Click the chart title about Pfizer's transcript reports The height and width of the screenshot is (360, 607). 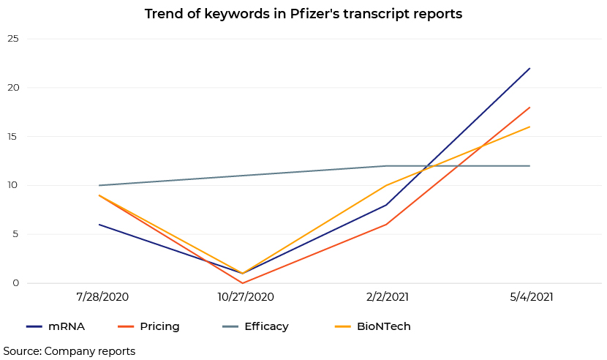tap(303, 14)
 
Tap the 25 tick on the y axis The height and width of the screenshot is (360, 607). tap(13, 39)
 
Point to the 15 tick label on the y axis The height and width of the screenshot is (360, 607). tap(13, 136)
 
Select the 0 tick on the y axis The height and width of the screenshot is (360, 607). tap(15, 283)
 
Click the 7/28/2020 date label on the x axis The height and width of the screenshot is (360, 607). tap(102, 297)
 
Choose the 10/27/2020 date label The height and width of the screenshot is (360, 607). tap(246, 297)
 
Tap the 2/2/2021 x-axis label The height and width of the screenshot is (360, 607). tap(388, 297)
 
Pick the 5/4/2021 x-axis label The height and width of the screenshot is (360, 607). tap(532, 297)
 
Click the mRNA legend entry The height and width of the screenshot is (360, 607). tap(56, 326)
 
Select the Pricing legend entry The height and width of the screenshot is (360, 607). tap(148, 326)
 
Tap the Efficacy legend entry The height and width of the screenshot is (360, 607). tap(255, 326)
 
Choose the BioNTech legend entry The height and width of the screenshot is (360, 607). tap(372, 326)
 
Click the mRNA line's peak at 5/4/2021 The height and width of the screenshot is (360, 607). tap(529, 68)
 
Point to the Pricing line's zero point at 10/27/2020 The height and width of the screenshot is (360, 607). tap(243, 283)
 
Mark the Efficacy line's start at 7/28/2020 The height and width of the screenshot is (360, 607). tap(99, 185)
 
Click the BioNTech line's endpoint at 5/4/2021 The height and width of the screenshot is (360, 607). tap(529, 127)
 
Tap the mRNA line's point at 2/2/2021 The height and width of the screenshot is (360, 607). tap(386, 205)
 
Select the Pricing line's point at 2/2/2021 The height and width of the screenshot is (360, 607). tap(386, 225)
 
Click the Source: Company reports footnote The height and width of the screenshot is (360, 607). tap(69, 351)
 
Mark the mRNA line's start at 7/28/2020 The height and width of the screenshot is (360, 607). tap(99, 225)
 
